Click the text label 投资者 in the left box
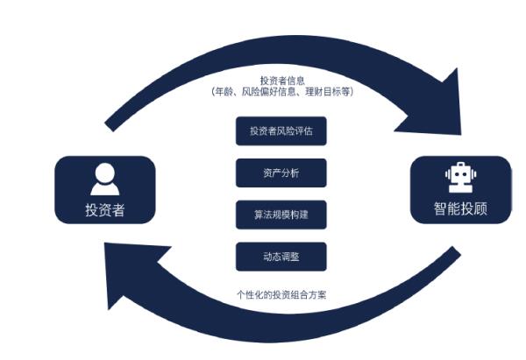coord(104,210)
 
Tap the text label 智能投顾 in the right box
coord(458,208)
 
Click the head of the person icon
coord(103,173)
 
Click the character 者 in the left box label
coord(120,210)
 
